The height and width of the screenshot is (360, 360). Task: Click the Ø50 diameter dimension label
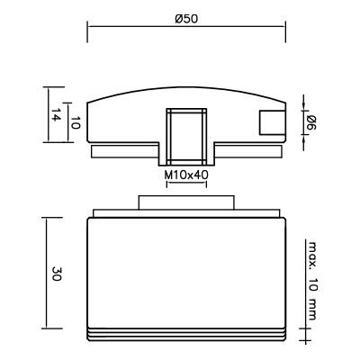point(186,19)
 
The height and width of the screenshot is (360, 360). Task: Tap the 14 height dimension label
point(56,114)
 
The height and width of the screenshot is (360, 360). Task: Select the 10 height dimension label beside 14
point(76,122)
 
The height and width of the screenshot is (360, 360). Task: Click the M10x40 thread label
point(186,175)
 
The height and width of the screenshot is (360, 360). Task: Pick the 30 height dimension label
point(56,274)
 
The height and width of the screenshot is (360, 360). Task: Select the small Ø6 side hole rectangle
point(272,122)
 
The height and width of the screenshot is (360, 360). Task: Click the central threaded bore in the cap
point(186,137)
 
